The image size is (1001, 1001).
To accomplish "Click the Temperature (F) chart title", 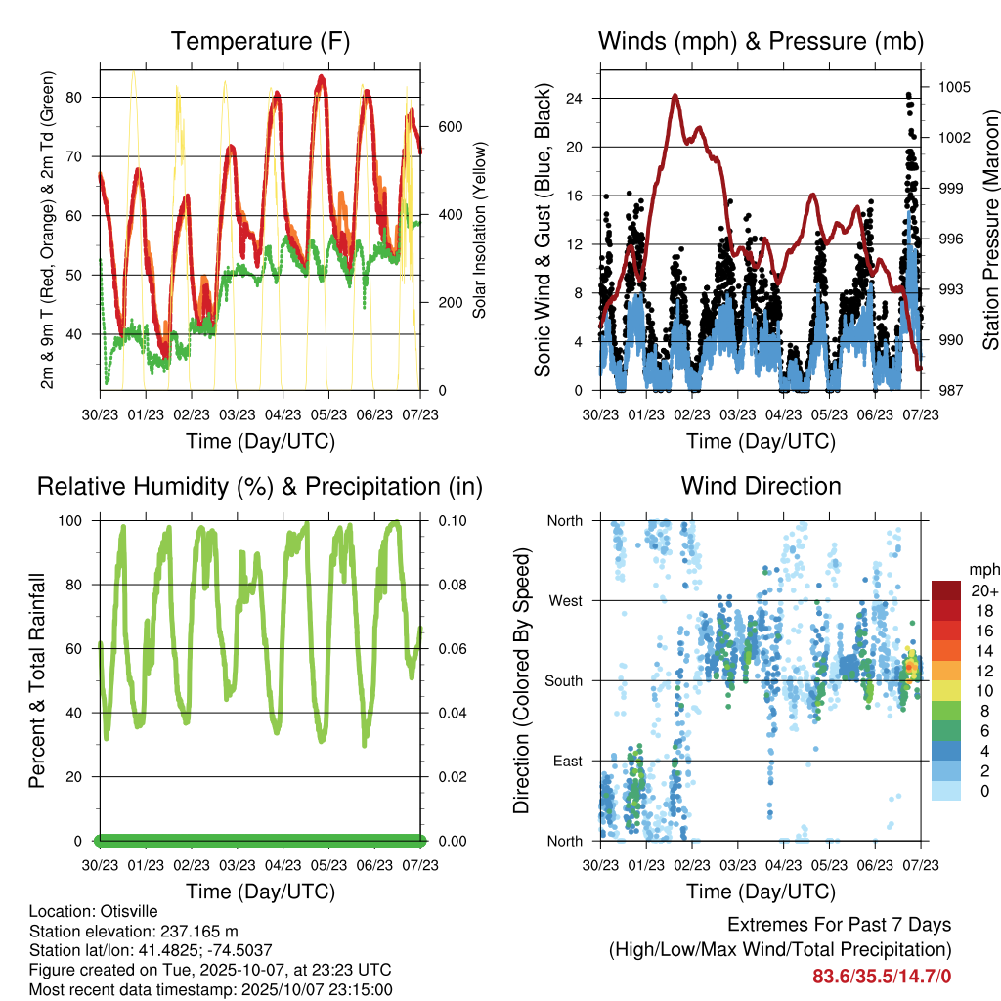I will pos(260,41).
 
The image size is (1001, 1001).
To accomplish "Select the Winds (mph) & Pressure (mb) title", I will pos(761,41).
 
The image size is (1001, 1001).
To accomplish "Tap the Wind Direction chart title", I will pos(761,485).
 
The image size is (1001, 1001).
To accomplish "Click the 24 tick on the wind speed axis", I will pos(575,99).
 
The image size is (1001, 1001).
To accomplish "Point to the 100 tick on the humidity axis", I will pos(71,521).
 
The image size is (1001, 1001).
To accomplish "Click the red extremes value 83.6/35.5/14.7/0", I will pos(882,976).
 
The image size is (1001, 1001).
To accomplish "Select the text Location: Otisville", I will pos(93,911).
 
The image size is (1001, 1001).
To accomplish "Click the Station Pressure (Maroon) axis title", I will pos(989,231).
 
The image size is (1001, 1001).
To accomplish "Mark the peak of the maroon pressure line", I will pos(675,95).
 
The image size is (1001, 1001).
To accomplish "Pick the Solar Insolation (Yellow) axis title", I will pos(480,231).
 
